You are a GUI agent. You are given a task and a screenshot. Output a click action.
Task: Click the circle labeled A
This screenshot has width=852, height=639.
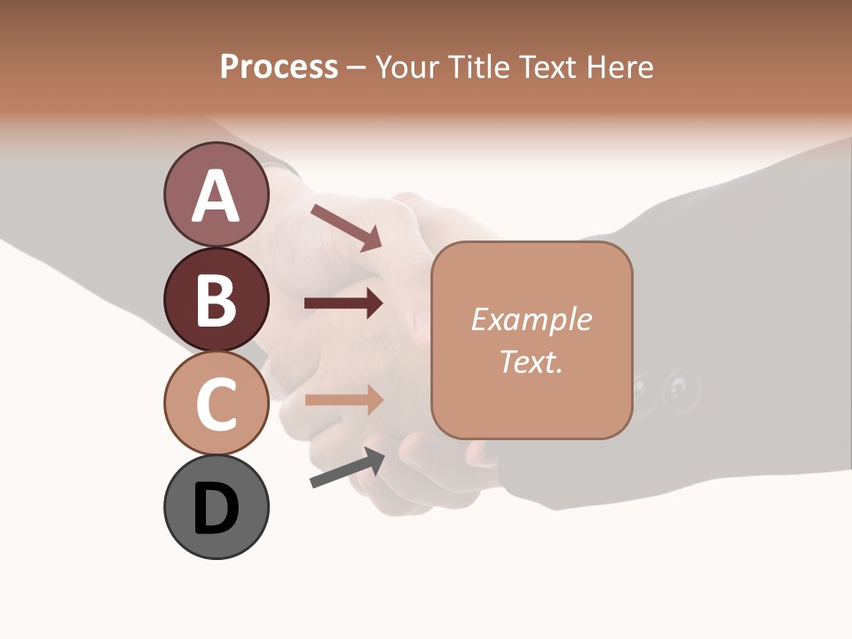[217, 194]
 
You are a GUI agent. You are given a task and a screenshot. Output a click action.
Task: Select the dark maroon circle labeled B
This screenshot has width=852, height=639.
[217, 299]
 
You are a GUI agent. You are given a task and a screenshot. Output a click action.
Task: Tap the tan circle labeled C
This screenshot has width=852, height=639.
[217, 403]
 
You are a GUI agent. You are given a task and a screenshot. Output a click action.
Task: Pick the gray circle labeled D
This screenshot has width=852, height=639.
[217, 507]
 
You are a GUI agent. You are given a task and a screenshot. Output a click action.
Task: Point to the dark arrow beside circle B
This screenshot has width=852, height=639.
[343, 304]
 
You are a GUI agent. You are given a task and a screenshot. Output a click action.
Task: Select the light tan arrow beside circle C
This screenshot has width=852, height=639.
[343, 399]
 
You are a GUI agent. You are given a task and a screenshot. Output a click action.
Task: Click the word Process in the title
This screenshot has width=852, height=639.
[279, 67]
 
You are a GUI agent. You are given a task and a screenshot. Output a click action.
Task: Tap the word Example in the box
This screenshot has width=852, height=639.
[531, 319]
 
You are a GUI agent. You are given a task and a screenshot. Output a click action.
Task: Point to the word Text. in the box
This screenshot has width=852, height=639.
[531, 361]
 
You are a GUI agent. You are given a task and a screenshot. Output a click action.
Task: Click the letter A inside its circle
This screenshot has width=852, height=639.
[217, 196]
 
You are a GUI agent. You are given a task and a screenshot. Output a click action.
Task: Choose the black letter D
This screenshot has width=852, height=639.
[217, 509]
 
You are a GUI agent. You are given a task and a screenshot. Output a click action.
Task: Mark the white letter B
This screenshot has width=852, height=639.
[217, 300]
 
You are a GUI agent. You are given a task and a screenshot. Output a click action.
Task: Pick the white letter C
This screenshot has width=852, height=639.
[217, 404]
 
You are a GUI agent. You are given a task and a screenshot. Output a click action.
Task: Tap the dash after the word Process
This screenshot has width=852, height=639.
[356, 68]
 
